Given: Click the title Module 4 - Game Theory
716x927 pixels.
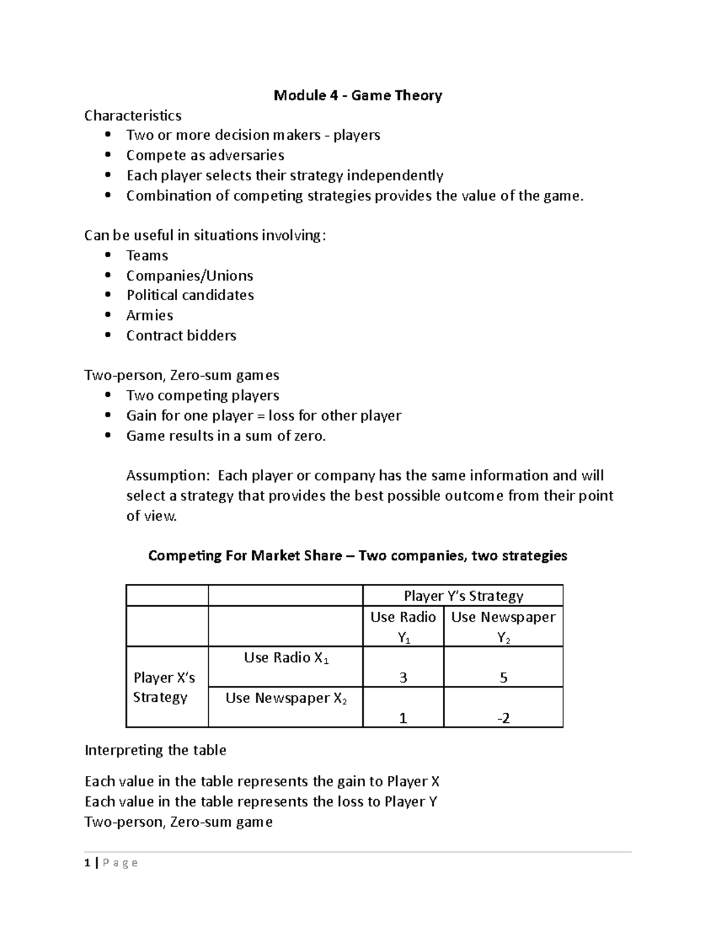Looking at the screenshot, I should (357, 96).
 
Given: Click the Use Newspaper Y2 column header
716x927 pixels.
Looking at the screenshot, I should (503, 627).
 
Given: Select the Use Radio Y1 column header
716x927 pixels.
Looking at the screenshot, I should (403, 627).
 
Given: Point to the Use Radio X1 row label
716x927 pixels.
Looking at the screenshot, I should (286, 658).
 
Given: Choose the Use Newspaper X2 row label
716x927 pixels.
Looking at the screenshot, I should (286, 698).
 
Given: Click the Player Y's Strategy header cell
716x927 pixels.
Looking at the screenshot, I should (463, 596).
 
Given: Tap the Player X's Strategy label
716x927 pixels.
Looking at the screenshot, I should (163, 687).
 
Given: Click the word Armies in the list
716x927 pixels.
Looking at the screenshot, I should (150, 315).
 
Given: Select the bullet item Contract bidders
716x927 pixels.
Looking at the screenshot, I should (181, 335).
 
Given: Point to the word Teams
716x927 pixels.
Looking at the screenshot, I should (147, 255).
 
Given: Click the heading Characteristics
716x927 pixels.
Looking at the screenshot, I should (133, 115).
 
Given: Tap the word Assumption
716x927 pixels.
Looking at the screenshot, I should (168, 476).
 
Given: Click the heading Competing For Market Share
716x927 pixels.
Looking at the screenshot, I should (357, 556).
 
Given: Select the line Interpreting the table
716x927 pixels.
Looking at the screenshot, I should (155, 750).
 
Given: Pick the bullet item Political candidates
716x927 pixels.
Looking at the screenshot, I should (190, 295).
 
